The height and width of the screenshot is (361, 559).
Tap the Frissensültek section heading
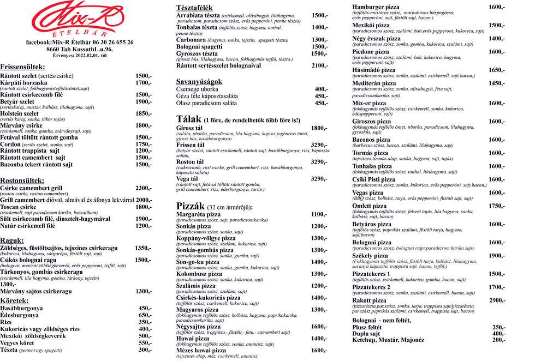click(x=23, y=67)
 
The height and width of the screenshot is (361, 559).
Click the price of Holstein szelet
click(x=144, y=113)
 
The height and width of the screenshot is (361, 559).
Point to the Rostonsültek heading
click(x=23, y=180)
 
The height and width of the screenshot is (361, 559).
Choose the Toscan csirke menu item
click(x=19, y=207)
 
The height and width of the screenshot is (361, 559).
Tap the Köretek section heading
click(x=15, y=300)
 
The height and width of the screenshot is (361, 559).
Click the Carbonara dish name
click(x=191, y=40)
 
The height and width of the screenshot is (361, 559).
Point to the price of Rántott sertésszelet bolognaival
click(x=319, y=65)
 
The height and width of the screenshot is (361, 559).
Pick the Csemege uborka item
click(x=197, y=89)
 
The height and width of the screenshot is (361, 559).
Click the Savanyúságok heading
click(x=199, y=81)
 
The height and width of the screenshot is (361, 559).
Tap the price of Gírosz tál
click(x=319, y=128)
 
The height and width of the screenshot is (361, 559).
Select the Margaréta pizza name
click(x=198, y=214)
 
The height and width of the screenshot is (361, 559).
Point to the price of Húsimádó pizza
click(x=496, y=70)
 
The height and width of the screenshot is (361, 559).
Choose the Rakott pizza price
click(x=496, y=300)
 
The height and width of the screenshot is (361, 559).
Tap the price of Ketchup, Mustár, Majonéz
click(x=498, y=340)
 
